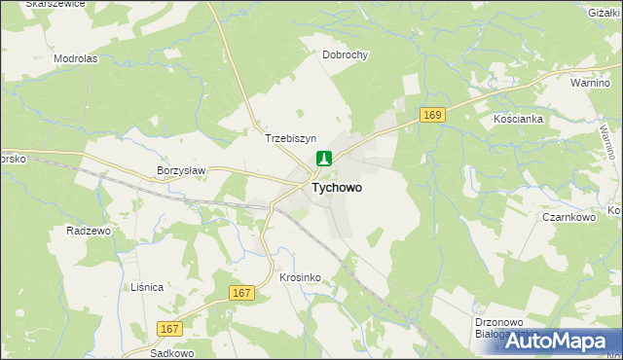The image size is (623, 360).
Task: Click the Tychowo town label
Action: [338, 188]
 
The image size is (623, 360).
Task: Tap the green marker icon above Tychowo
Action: [324, 160]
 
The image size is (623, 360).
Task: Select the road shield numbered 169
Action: [433, 116]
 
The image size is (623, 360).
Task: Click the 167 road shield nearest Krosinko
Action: [243, 292]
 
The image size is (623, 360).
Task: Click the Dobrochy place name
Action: [346, 55]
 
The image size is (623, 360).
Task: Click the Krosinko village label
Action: [300, 277]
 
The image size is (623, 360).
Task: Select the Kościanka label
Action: [517, 118]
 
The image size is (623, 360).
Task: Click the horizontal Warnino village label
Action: [590, 84]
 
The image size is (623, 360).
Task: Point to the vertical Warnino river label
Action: [607, 136]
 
